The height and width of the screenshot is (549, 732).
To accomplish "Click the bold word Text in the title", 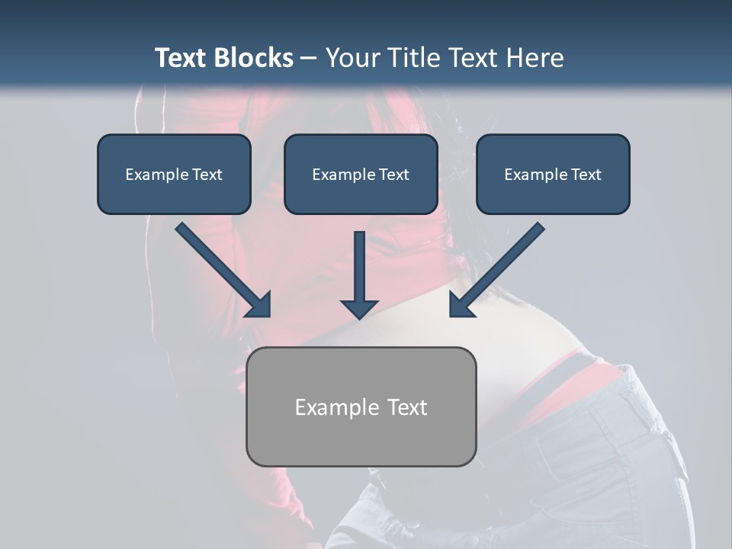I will [181, 58].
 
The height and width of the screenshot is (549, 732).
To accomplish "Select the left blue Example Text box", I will [174, 174].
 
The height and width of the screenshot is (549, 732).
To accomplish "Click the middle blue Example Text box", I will [361, 174].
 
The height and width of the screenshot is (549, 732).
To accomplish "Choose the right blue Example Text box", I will [553, 174].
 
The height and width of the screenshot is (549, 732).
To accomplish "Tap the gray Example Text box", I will [361, 406].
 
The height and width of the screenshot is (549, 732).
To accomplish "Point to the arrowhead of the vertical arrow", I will [359, 309].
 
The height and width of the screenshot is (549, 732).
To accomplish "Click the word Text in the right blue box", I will [585, 175].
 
